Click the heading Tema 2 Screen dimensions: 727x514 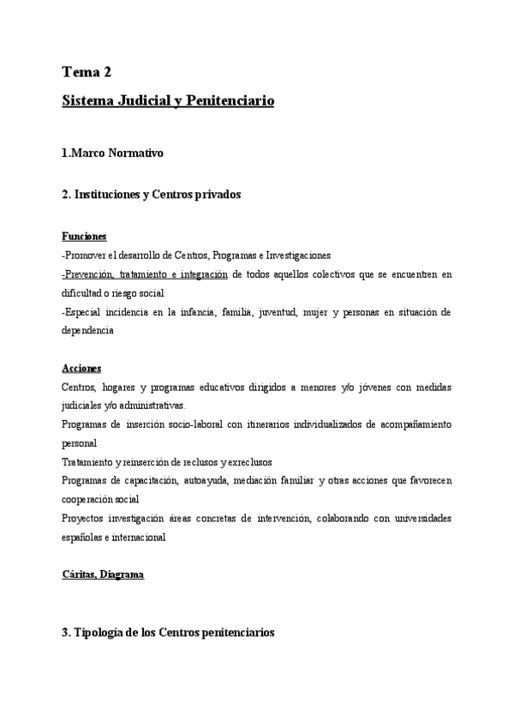click(87, 71)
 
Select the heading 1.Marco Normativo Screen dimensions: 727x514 click(112, 153)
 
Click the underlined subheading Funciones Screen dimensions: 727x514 click(84, 236)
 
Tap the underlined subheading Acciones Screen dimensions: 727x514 click(81, 368)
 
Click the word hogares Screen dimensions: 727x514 click(126, 387)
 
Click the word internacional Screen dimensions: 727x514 click(138, 537)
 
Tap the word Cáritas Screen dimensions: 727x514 click(80, 575)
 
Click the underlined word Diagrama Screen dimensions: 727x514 click(123, 575)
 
